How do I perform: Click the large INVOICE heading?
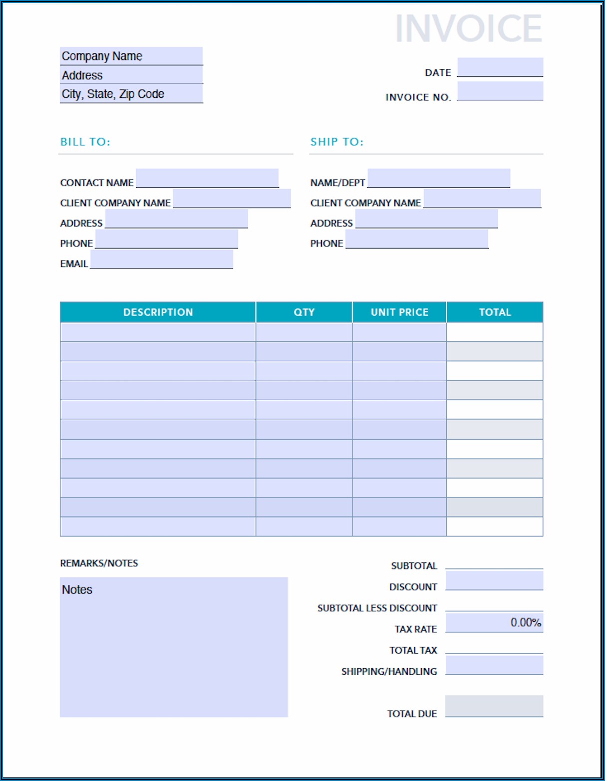[468, 28]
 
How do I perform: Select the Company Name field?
[131, 56]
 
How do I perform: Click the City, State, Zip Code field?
[131, 94]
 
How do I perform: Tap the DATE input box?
[500, 67]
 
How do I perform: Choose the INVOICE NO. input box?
[500, 91]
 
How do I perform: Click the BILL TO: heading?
[85, 142]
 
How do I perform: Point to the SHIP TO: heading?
[337, 142]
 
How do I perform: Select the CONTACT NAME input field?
[207, 178]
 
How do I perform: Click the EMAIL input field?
[162, 259]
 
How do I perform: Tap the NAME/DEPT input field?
[439, 178]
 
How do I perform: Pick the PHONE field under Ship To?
[417, 239]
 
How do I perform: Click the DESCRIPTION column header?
[158, 312]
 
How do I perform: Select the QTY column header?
[304, 312]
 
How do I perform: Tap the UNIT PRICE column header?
[399, 312]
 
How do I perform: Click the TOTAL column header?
[495, 312]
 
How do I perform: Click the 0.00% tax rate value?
[525, 622]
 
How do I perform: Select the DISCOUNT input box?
[494, 580]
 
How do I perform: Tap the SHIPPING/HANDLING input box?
[494, 665]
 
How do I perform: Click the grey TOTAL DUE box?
[494, 706]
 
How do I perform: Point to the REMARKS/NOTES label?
[99, 563]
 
